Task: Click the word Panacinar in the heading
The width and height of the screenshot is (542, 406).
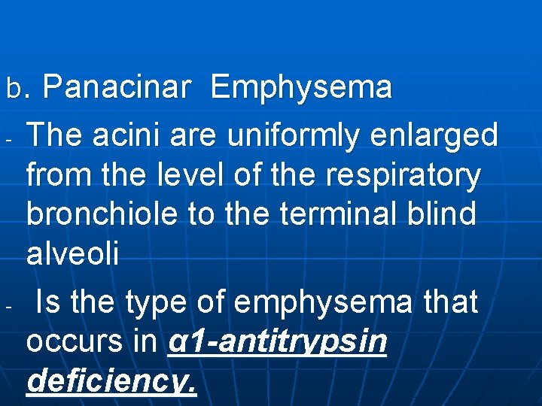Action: click(x=116, y=88)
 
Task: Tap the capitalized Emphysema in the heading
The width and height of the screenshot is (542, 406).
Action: click(x=301, y=88)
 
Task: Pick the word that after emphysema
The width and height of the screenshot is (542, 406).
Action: click(x=450, y=302)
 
